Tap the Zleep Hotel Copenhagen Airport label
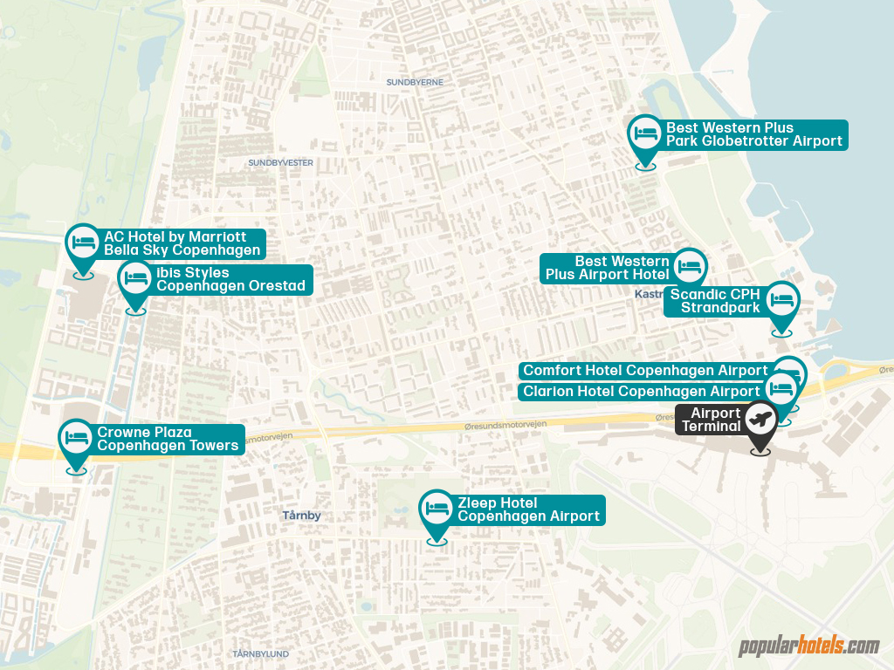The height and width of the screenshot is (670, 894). tap(528, 509)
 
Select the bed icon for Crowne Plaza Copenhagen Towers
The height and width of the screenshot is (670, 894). tap(76, 437)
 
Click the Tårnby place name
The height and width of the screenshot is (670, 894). tap(301, 516)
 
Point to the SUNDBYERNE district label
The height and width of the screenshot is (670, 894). tap(415, 82)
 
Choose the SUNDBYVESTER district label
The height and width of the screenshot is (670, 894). tap(280, 162)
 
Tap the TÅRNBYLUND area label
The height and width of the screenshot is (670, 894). tap(261, 653)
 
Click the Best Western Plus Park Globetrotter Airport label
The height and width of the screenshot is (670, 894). tap(753, 134)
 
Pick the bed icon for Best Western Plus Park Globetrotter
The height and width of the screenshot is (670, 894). tap(646, 133)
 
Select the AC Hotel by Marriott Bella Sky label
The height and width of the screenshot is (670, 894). tap(182, 243)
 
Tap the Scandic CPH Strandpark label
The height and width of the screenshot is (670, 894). tap(714, 301)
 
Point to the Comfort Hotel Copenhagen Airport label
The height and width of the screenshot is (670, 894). tap(645, 371)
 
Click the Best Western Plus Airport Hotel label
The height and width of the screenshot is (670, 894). tap(608, 268)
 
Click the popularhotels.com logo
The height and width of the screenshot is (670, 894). tap(808, 646)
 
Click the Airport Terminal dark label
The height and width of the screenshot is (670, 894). tap(715, 420)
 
